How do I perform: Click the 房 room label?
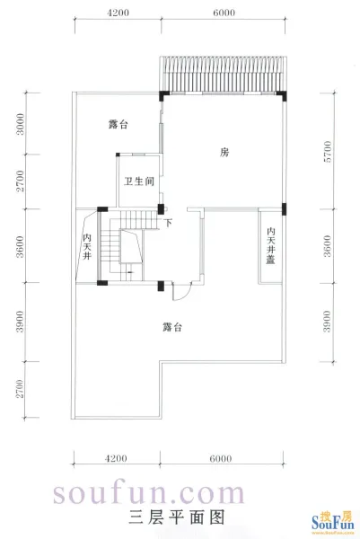tap(224, 152)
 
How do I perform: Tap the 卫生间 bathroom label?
tap(139, 181)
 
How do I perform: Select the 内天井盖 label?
tap(271, 245)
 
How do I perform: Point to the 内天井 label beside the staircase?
tap(87, 247)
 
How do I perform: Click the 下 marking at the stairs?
tap(168, 223)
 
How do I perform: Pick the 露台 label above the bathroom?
tap(119, 124)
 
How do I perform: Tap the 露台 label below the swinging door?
tap(172, 327)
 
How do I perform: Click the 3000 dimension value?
tap(21, 124)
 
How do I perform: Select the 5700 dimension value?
tap(328, 151)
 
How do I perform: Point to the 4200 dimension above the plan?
tap(118, 13)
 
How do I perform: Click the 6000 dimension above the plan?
tap(224, 13)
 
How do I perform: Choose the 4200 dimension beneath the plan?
tap(116, 458)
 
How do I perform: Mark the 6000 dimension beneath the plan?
tap(220, 458)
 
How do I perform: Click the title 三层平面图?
tap(177, 517)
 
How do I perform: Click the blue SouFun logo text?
tap(332, 524)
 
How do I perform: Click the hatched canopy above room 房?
tap(223, 74)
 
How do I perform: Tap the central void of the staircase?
tap(131, 246)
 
